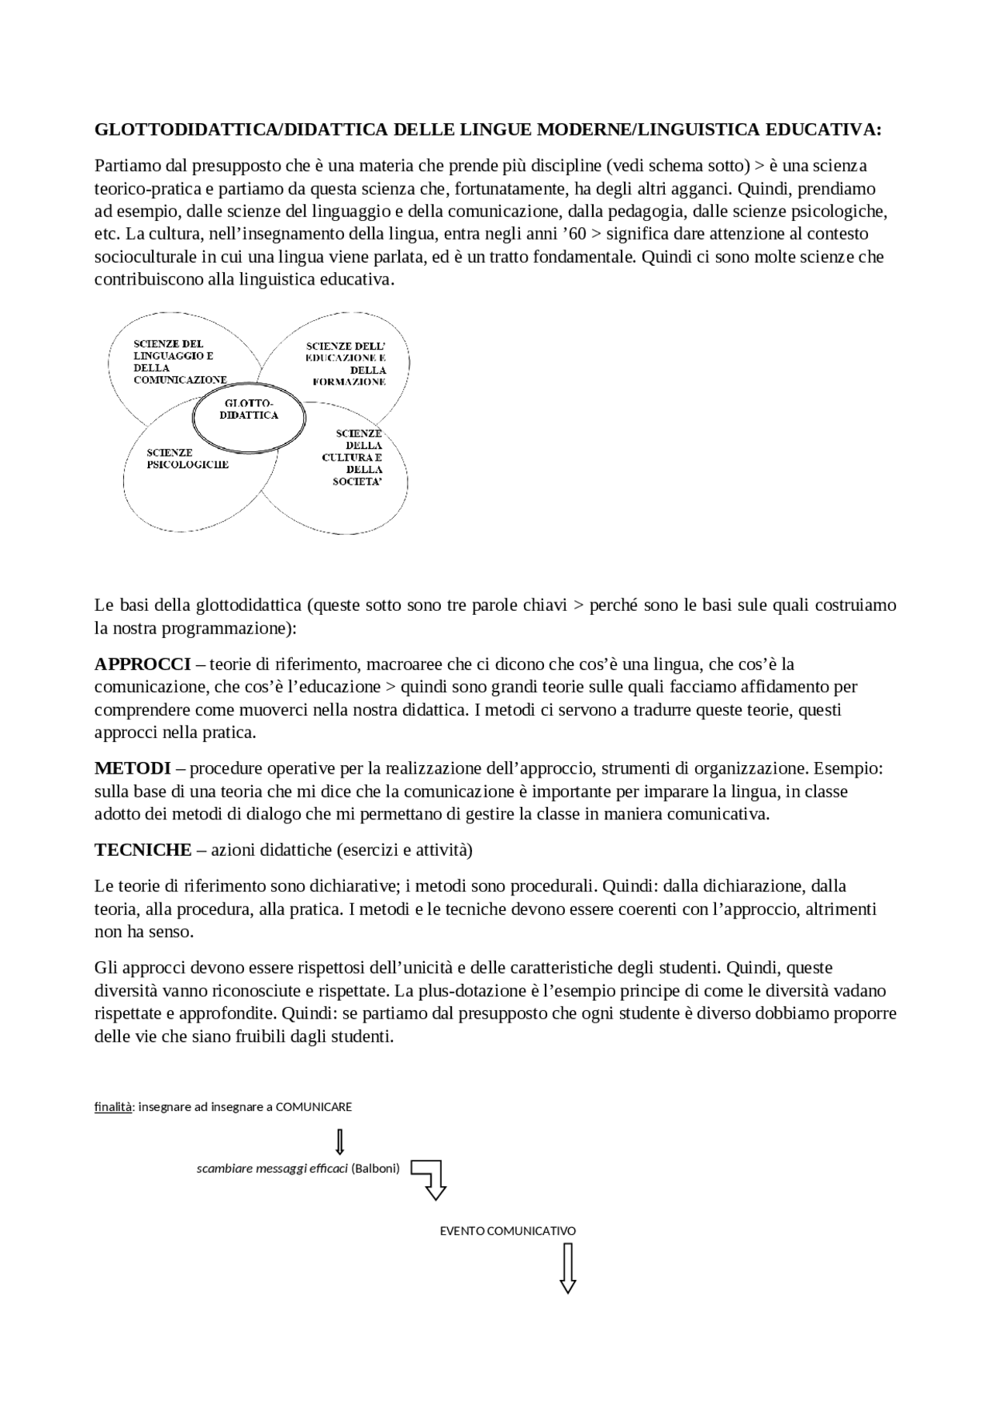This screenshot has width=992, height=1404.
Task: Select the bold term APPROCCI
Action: click(x=143, y=664)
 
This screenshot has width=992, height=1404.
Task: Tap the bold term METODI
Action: click(x=133, y=768)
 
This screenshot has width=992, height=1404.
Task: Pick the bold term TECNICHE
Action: click(x=143, y=850)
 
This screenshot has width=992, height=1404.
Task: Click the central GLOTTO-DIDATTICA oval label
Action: click(x=249, y=409)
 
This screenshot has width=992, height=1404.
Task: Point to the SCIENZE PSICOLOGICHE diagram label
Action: click(x=188, y=458)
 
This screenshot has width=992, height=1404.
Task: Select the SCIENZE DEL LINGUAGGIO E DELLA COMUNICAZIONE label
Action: click(x=179, y=361)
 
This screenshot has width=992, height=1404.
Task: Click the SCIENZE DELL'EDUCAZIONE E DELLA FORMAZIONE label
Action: click(x=347, y=364)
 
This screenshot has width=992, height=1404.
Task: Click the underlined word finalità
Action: click(x=113, y=1107)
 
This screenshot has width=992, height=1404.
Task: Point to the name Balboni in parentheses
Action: click(x=375, y=1168)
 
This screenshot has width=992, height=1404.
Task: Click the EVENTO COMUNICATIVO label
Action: click(x=508, y=1230)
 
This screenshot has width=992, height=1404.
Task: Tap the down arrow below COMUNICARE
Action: click(x=339, y=1141)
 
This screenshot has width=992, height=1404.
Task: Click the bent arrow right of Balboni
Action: click(x=429, y=1178)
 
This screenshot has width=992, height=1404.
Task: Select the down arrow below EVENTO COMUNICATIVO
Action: click(x=568, y=1268)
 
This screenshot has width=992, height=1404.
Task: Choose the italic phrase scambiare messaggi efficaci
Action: click(x=272, y=1168)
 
